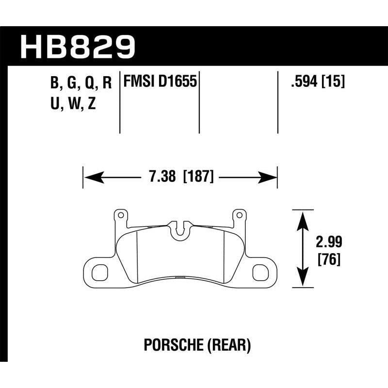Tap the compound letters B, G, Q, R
pos(81,83)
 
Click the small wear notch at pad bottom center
pos(180,277)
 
